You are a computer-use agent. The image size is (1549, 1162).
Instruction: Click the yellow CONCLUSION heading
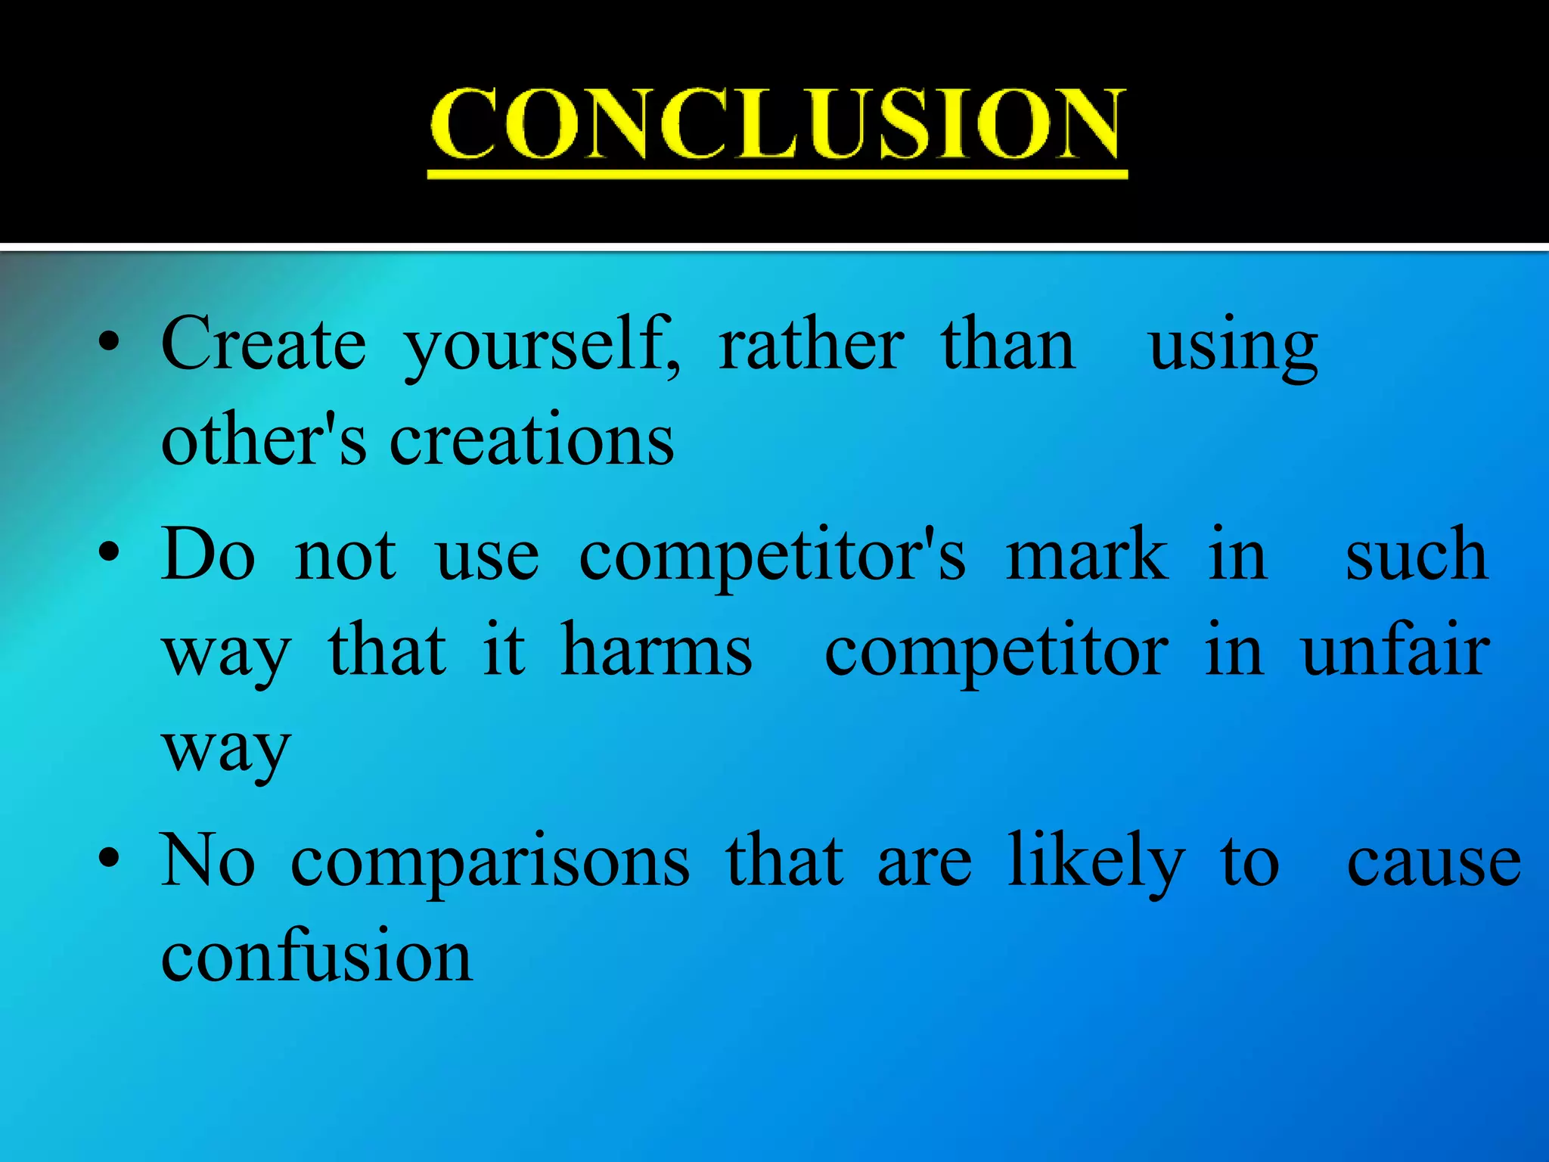click(777, 125)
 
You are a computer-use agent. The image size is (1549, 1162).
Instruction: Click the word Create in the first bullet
click(264, 345)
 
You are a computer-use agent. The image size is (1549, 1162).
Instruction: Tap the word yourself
click(542, 346)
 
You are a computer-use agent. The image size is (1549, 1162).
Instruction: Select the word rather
click(811, 345)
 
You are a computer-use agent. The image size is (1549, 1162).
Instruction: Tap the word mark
click(1087, 556)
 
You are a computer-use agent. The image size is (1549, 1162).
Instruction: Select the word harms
click(657, 651)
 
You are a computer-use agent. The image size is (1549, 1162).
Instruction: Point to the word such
click(1417, 556)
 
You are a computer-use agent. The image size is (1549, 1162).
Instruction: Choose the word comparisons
click(490, 862)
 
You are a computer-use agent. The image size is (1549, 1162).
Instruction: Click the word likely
click(1096, 862)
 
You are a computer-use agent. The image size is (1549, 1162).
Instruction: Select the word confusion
click(317, 956)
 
